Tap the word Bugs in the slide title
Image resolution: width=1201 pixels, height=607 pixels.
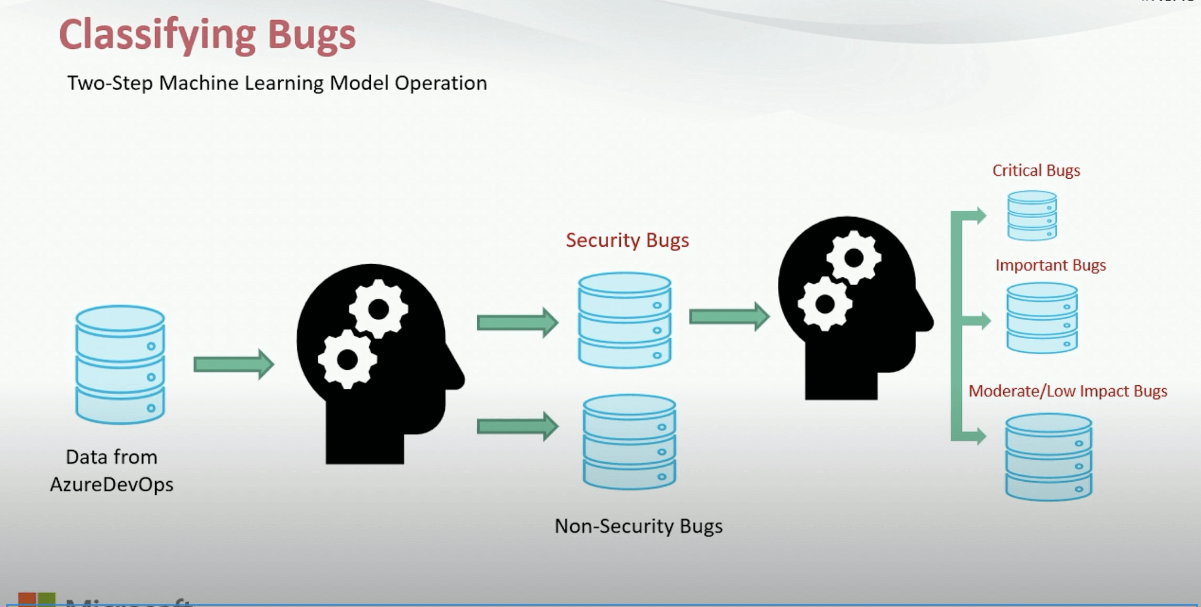(x=312, y=35)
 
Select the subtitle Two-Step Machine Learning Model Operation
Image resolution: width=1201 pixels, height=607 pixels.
(x=277, y=83)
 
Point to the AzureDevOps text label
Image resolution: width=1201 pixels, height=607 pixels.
(x=111, y=484)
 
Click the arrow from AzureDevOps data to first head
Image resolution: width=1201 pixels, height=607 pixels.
(x=233, y=364)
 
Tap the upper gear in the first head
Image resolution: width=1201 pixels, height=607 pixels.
(x=378, y=309)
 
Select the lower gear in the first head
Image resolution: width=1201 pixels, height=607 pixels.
(x=347, y=360)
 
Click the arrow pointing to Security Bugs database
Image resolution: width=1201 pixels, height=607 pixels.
(x=517, y=322)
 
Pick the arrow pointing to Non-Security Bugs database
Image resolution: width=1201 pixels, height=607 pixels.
(x=517, y=426)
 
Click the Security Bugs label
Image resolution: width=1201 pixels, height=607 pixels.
(x=627, y=240)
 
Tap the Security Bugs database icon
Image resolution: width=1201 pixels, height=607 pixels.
(x=625, y=320)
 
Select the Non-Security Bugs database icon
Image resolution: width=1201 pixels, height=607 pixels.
(x=629, y=442)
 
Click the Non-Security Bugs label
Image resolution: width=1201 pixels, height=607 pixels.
(x=638, y=526)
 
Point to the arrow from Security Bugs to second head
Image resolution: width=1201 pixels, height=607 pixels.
(x=729, y=316)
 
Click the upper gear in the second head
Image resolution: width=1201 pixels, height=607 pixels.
(x=854, y=257)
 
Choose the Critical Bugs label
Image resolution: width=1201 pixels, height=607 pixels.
(x=1036, y=170)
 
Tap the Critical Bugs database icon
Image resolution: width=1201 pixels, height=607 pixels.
(x=1032, y=215)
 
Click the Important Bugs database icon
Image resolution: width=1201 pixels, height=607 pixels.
(x=1042, y=318)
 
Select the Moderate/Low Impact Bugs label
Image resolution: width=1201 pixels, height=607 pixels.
(x=1067, y=391)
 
